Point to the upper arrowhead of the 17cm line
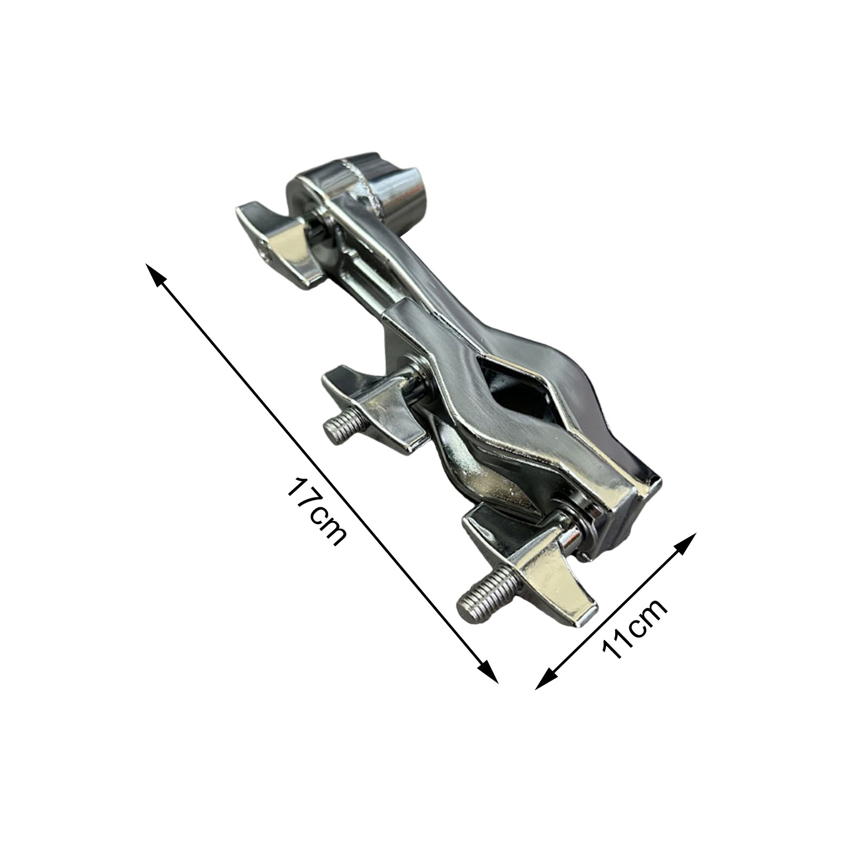tap(155, 274)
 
